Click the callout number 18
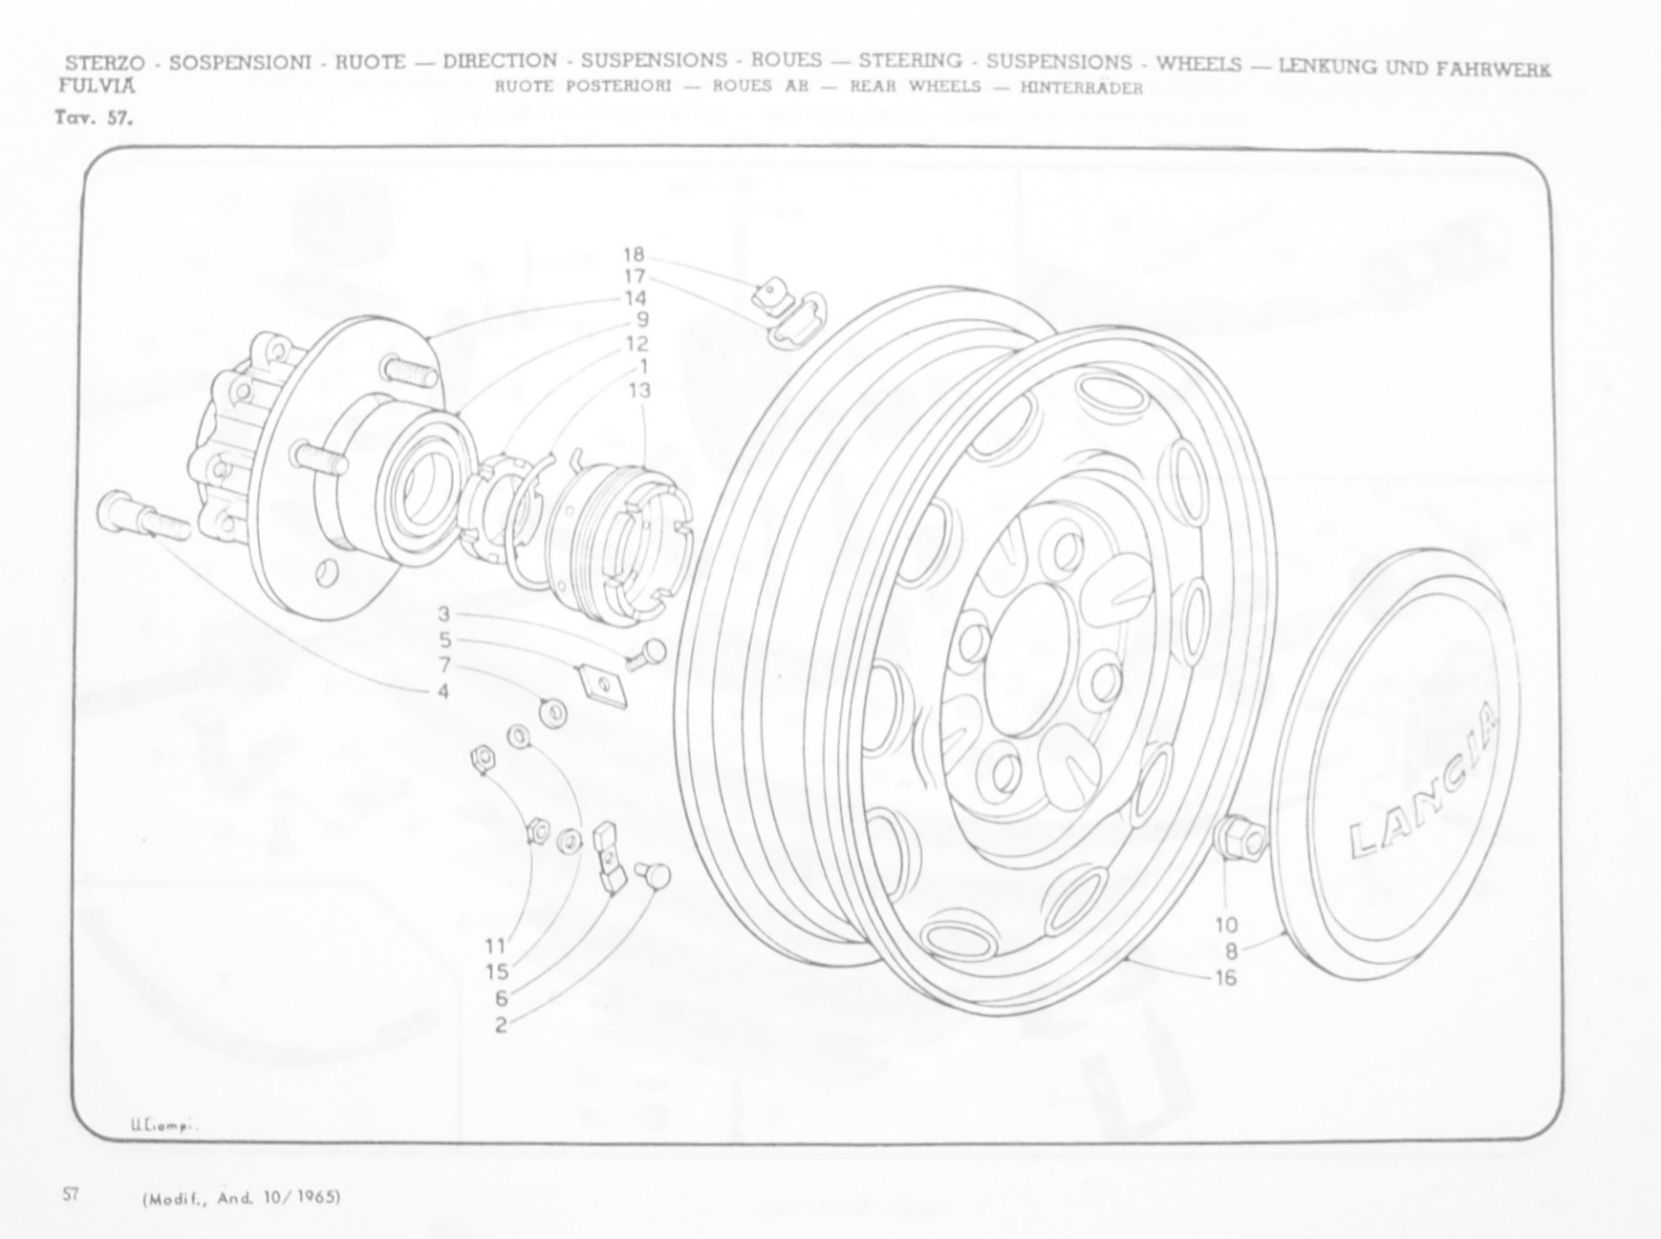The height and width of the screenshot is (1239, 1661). pyautogui.click(x=634, y=254)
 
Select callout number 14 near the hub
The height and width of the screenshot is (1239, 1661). pyautogui.click(x=636, y=298)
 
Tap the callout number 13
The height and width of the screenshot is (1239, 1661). pyautogui.click(x=639, y=390)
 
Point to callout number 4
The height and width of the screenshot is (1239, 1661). pyautogui.click(x=443, y=690)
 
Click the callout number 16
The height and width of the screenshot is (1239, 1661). pyautogui.click(x=1226, y=977)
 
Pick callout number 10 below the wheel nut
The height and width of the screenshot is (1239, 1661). pyautogui.click(x=1226, y=925)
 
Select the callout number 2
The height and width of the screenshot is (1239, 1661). pyautogui.click(x=501, y=1026)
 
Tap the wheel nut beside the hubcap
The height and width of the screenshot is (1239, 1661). pyautogui.click(x=1240, y=838)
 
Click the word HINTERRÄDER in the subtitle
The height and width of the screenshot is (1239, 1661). pyautogui.click(x=1081, y=89)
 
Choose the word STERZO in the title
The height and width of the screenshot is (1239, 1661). pyautogui.click(x=105, y=63)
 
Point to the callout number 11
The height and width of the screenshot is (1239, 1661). pyautogui.click(x=495, y=946)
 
